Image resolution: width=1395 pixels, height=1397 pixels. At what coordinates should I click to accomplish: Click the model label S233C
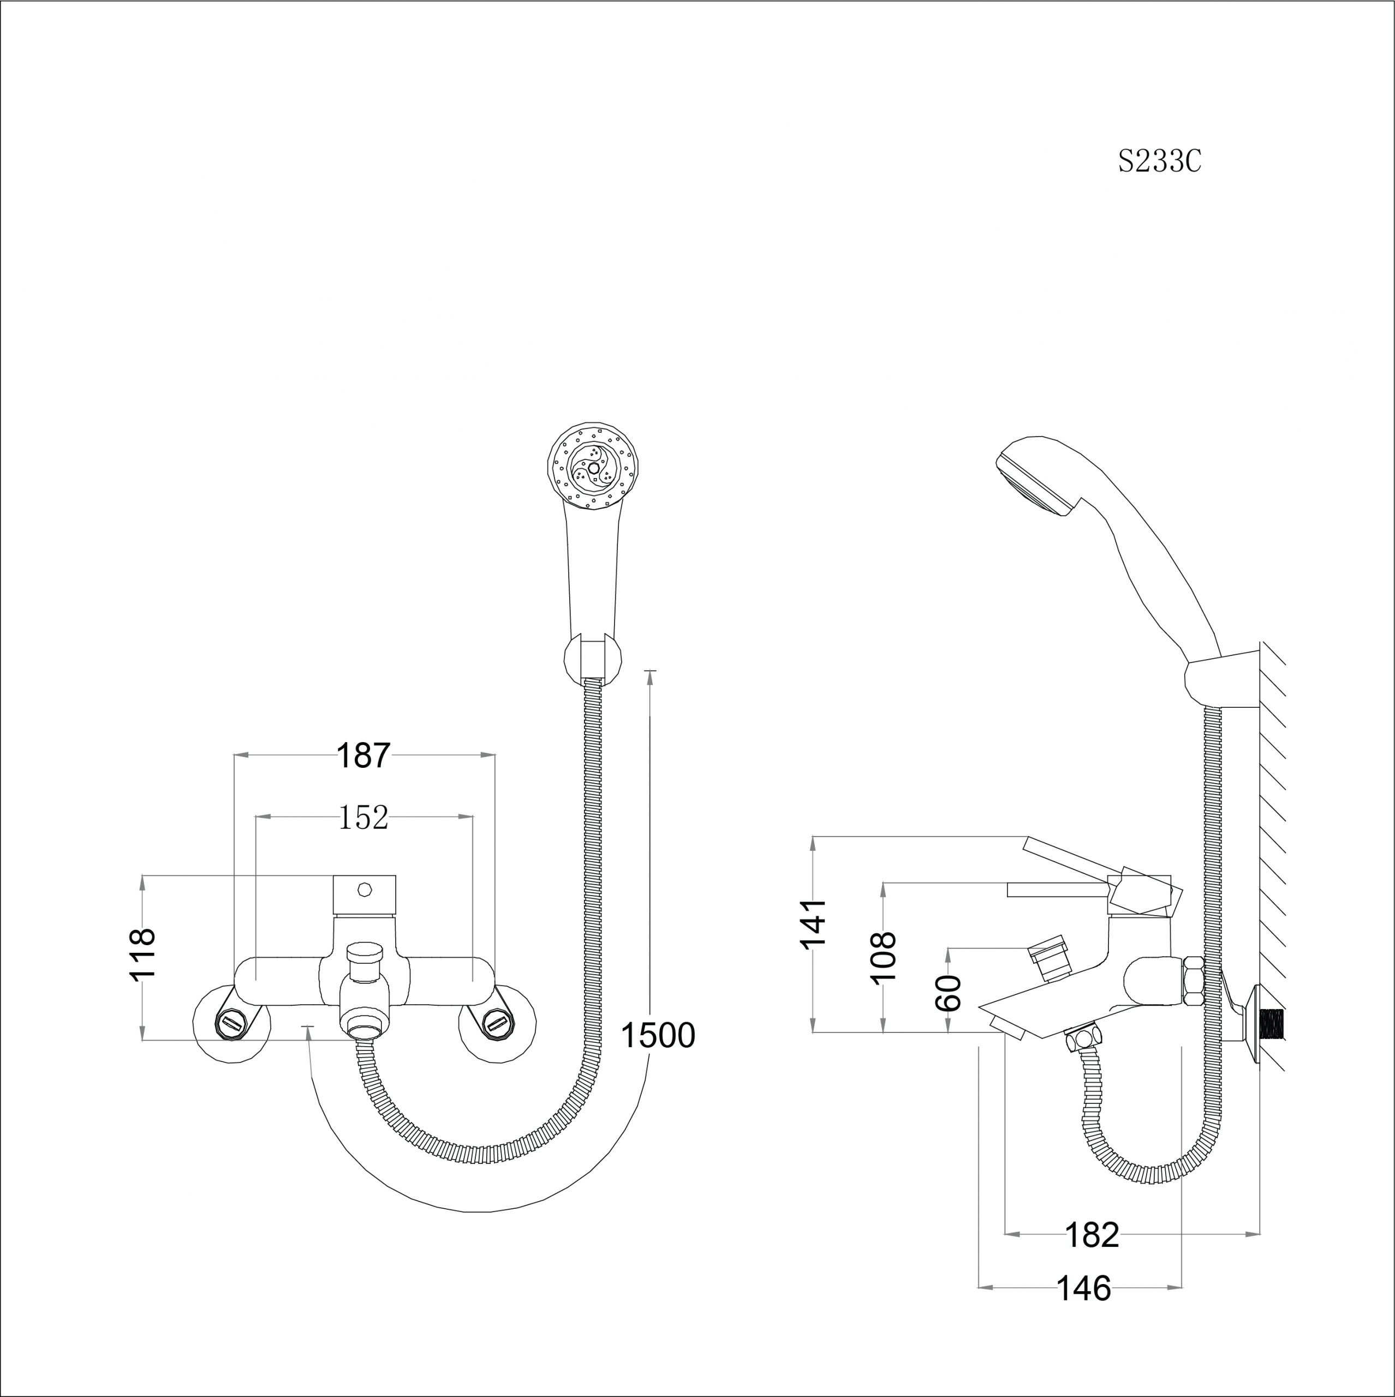click(x=1159, y=160)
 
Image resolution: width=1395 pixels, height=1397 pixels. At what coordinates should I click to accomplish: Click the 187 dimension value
click(x=363, y=756)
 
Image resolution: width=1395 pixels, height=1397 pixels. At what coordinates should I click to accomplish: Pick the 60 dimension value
click(x=947, y=993)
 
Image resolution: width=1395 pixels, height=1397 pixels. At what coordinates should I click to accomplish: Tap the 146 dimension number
click(x=1084, y=1288)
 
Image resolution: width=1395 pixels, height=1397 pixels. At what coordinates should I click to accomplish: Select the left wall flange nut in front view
click(x=231, y=1022)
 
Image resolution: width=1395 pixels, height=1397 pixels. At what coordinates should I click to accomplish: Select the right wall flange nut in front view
click(x=497, y=1022)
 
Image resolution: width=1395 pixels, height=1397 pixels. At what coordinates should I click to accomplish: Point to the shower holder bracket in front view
click(x=592, y=658)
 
